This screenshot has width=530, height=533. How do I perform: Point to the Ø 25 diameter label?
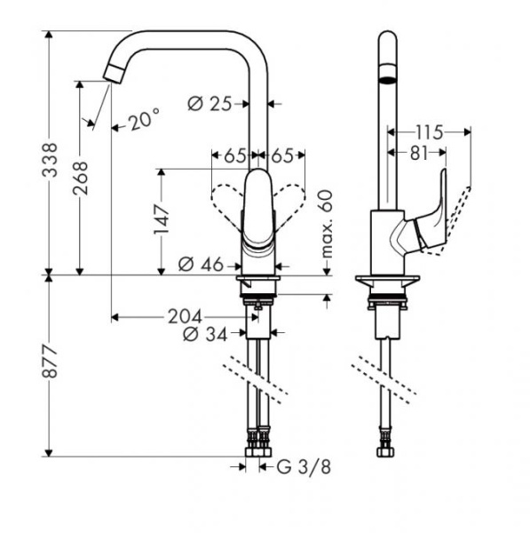pos(210,104)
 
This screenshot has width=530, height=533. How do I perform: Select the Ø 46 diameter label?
pos(199,264)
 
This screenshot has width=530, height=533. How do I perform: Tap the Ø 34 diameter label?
pos(203,334)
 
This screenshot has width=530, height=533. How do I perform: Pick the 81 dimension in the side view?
pos(417,153)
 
